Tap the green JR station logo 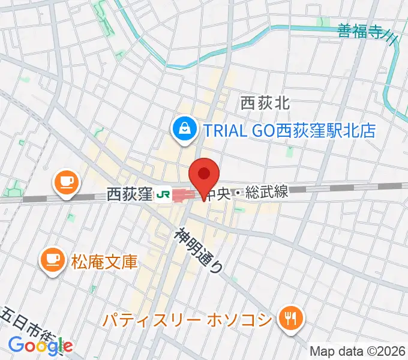tap(162, 194)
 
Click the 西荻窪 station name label tap(128, 194)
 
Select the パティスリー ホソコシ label tap(187, 319)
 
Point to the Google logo tap(40, 345)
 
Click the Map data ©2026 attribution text tap(356, 351)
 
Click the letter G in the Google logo tap(16, 344)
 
